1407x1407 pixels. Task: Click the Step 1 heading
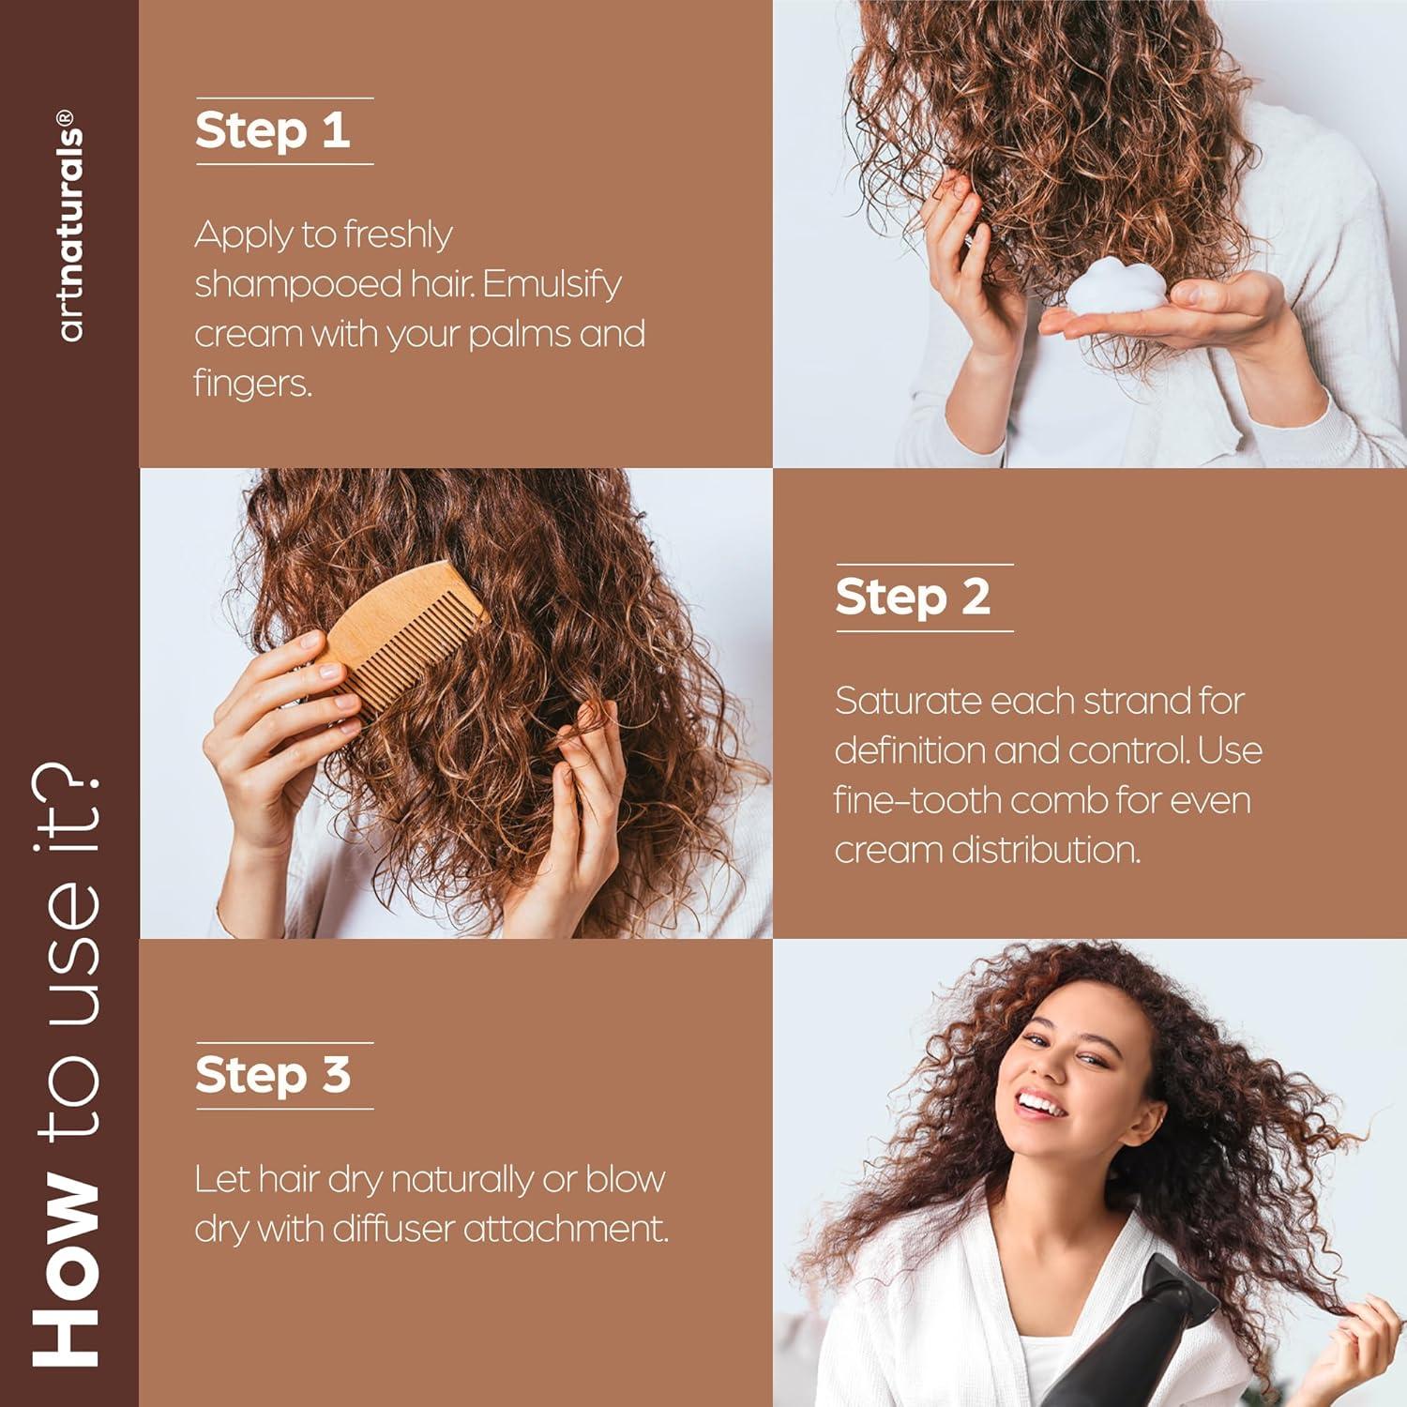[272, 130]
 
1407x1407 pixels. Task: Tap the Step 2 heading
[912, 598]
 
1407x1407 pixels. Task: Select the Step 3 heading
[272, 1075]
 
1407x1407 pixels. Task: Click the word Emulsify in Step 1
[552, 284]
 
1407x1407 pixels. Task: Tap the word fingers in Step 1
[251, 384]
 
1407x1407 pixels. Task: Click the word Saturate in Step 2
[907, 701]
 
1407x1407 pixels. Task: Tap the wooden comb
[403, 638]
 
